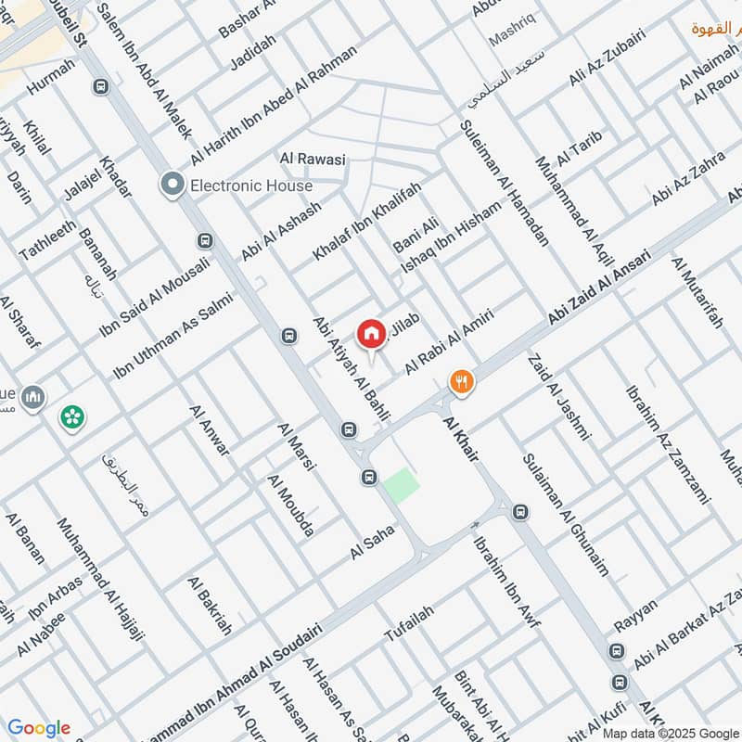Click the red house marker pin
[371, 333]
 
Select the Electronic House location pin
[172, 185]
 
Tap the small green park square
[401, 485]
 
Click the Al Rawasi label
[313, 160]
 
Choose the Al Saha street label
[373, 542]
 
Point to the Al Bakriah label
[210, 606]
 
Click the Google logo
[38, 728]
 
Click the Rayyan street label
[636, 616]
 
